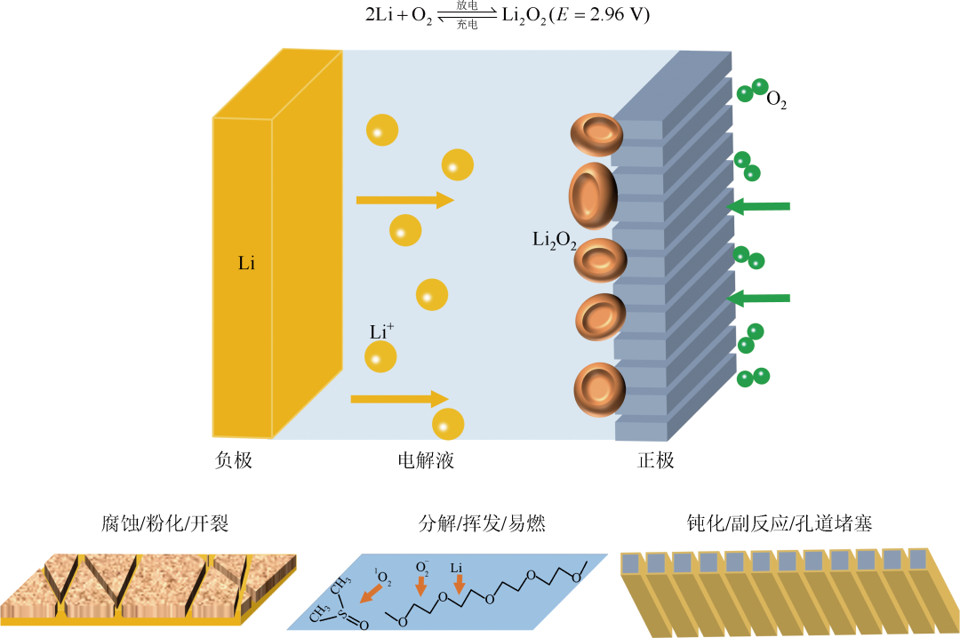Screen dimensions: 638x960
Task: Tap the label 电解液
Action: pos(426,461)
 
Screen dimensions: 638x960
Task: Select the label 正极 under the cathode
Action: pos(656,461)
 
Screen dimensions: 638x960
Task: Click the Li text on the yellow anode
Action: pos(246,264)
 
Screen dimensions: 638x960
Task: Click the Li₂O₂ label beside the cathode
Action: pos(554,240)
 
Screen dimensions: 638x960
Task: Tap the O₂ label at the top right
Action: pos(776,100)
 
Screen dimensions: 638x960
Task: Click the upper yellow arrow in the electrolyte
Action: pos(404,200)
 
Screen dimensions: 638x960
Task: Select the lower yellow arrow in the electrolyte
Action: pos(399,399)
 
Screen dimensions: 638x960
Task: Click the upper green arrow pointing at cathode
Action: pos(758,207)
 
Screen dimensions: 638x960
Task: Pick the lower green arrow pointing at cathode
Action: pos(758,299)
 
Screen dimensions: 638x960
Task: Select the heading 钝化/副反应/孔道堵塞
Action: pos(780,523)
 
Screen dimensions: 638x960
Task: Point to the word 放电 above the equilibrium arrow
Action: pos(467,6)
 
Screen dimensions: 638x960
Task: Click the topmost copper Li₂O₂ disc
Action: pos(596,133)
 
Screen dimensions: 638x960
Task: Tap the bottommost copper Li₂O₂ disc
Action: pos(599,388)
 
